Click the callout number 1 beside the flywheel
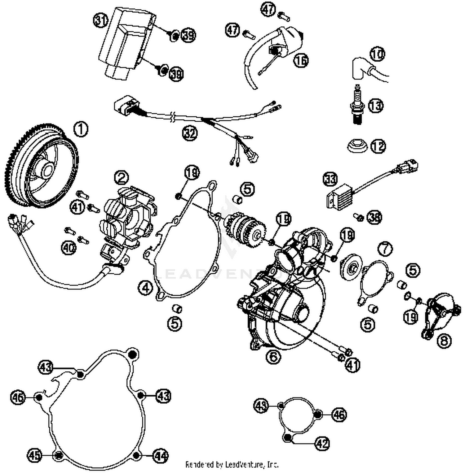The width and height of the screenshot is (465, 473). pyautogui.click(x=81, y=129)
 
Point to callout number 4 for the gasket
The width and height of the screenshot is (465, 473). pyautogui.click(x=145, y=288)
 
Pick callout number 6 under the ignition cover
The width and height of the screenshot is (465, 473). pyautogui.click(x=273, y=356)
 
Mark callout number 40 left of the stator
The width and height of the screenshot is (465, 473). pyautogui.click(x=69, y=248)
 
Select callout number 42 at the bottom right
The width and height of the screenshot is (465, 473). pyautogui.click(x=322, y=444)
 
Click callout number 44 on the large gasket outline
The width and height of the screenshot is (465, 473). pyautogui.click(x=161, y=456)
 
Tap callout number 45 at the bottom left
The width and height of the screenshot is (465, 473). pyautogui.click(x=34, y=455)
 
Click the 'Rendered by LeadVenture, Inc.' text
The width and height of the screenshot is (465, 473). pyautogui.click(x=232, y=464)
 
